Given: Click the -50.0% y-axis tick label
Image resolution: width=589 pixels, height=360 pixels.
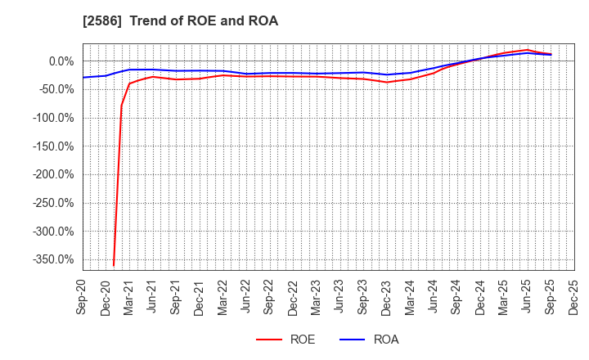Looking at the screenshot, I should click(55, 89).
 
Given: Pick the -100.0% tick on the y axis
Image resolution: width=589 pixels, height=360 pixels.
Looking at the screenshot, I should click(52, 118).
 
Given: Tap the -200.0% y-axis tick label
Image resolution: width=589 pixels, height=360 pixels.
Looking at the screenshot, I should click(52, 174).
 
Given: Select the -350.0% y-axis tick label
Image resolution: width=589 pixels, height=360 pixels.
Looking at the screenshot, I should click(52, 259).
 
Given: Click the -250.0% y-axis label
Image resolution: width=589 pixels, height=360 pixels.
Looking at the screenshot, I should click(52, 203).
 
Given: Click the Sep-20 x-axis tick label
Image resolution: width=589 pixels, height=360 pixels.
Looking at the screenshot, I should click(83, 296).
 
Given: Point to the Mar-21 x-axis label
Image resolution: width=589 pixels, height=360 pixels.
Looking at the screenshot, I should click(129, 296).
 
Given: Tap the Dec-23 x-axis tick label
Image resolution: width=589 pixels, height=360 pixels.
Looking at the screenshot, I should click(387, 296).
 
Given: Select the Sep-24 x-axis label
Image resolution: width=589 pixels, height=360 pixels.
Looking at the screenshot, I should click(457, 296).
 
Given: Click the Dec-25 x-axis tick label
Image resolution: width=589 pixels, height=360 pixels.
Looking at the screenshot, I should click(574, 296).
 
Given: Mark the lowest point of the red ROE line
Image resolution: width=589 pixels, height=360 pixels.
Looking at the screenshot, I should click(114, 265).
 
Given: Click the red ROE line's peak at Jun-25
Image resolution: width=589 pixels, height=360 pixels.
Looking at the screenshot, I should click(528, 50).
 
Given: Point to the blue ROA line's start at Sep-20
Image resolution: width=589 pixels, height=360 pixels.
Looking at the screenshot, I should click(83, 78).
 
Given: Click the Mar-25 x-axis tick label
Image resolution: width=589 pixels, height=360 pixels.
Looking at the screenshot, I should click(504, 296).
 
